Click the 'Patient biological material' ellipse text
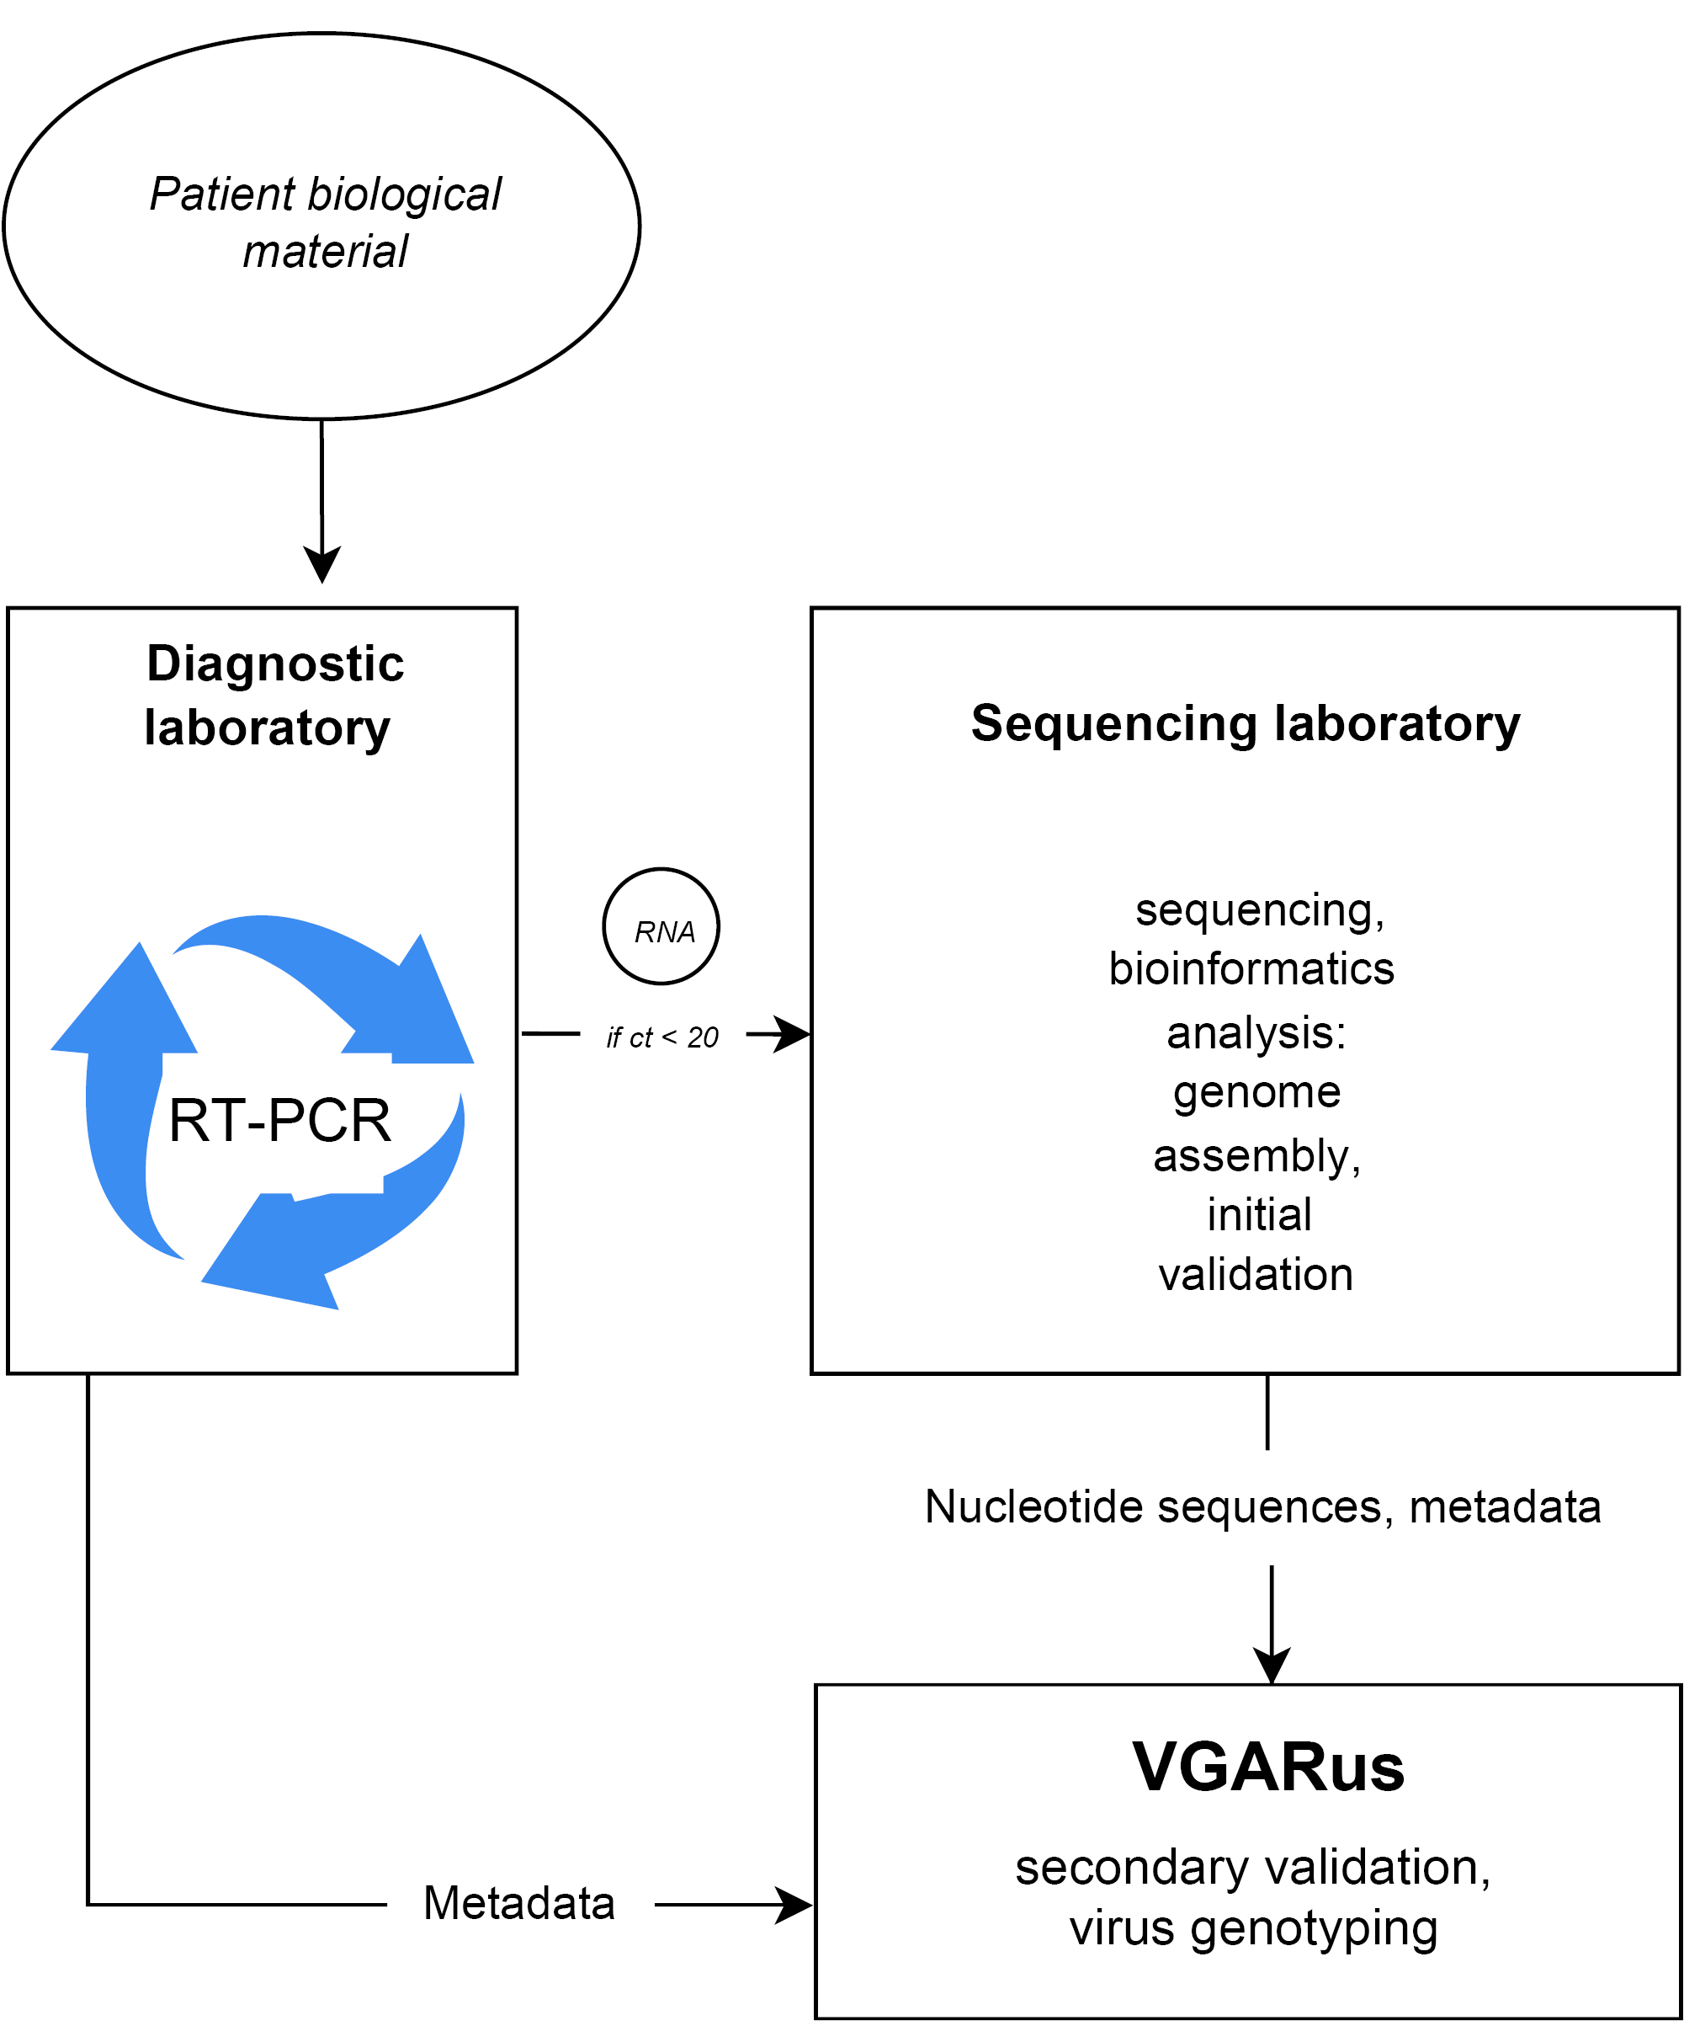pyautogui.click(x=326, y=222)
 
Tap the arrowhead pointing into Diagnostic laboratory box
pyautogui.click(x=321, y=564)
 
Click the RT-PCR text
pyautogui.click(x=280, y=1120)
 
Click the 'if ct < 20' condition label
pyautogui.click(x=662, y=1037)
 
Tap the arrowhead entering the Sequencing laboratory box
pyautogui.click(x=793, y=1034)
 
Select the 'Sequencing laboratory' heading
pyautogui.click(x=1245, y=723)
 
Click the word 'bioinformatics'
pyautogui.click(x=1252, y=968)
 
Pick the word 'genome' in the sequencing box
pyautogui.click(x=1256, y=1091)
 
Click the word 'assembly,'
pyautogui.click(x=1256, y=1155)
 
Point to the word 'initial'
pyautogui.click(x=1259, y=1214)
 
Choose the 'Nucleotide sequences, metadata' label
pyautogui.click(x=1262, y=1506)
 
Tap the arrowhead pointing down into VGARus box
pyautogui.click(x=1272, y=1666)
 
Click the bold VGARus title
pyautogui.click(x=1268, y=1767)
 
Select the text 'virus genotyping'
pyautogui.click(x=1254, y=1927)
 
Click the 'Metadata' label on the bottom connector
pyautogui.click(x=519, y=1903)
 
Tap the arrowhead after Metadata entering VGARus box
pyautogui.click(x=794, y=1905)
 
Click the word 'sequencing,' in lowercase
pyautogui.click(x=1260, y=910)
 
